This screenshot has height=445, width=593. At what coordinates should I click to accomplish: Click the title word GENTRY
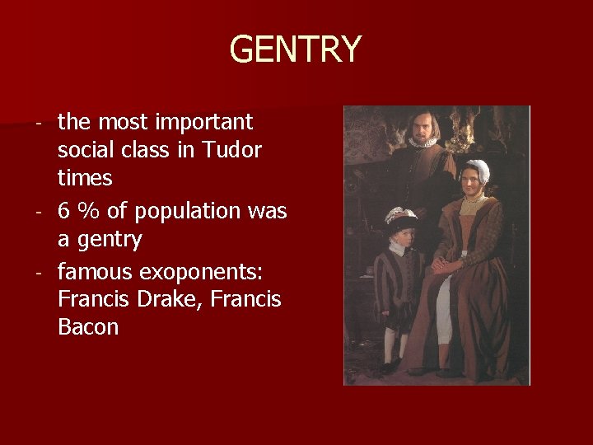295,49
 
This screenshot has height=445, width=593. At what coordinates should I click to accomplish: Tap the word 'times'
85,179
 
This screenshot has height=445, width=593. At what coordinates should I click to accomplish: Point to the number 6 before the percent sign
64,211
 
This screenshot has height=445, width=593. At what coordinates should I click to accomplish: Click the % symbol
88,211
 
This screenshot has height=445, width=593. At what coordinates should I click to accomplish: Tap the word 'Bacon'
88,327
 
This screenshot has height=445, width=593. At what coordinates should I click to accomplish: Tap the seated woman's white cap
475,171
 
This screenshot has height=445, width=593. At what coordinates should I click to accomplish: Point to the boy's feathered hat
401,218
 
